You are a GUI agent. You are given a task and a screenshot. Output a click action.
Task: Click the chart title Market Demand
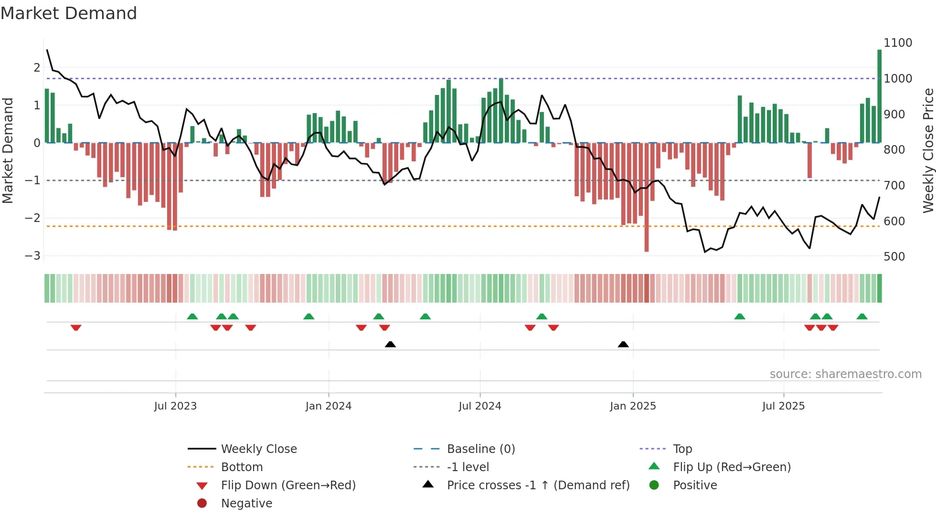pyautogui.click(x=69, y=13)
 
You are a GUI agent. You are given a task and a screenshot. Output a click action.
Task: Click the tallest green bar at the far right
pyautogui.click(x=879, y=95)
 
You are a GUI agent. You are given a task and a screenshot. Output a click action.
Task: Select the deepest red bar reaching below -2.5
pyautogui.click(x=646, y=198)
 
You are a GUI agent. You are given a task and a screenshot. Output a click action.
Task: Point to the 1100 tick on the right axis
pyautogui.click(x=897, y=43)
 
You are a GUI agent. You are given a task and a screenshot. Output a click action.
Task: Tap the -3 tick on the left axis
pyautogui.click(x=32, y=256)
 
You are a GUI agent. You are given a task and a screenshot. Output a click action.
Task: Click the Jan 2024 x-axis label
pyautogui.click(x=328, y=406)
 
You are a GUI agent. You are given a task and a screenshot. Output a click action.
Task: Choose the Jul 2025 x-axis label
pyautogui.click(x=783, y=406)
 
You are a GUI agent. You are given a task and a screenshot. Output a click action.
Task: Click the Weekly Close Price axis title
pyautogui.click(x=928, y=150)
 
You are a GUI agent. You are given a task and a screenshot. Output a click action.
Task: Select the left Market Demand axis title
pyautogui.click(x=8, y=150)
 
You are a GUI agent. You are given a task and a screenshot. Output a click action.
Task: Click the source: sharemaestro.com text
pyautogui.click(x=845, y=374)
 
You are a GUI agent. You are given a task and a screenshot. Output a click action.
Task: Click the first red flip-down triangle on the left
pyautogui.click(x=76, y=327)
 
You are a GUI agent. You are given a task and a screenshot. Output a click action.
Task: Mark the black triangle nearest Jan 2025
pyautogui.click(x=623, y=344)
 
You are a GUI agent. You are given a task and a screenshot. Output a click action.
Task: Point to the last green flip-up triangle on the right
pyautogui.click(x=862, y=316)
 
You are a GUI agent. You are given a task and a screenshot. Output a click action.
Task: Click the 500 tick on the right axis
pyautogui.click(x=893, y=257)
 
